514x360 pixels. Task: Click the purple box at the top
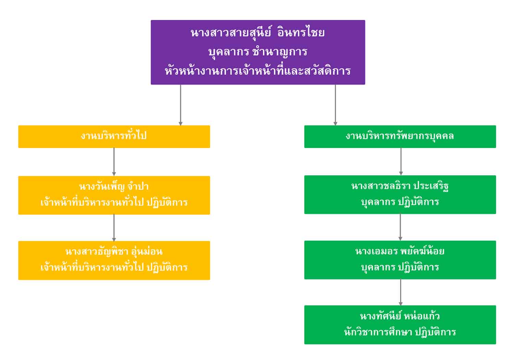coord(258,52)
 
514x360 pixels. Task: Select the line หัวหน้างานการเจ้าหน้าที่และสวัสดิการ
coord(258,71)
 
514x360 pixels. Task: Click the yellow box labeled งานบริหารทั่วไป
coord(114,136)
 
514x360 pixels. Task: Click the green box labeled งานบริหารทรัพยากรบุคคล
coord(400,136)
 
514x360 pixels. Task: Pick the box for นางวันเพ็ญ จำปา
coord(114,195)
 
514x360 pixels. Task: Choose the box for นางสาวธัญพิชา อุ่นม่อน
coord(114,260)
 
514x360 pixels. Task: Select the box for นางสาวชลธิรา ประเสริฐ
coord(400,194)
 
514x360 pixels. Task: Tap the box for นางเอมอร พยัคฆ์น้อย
coord(400,260)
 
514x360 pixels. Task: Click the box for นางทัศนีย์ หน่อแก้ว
coord(400,324)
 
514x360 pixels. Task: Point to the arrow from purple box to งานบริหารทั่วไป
coord(181,105)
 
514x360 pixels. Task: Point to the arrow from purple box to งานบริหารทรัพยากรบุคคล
coord(335,105)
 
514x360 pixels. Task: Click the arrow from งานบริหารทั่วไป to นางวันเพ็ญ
coord(114,162)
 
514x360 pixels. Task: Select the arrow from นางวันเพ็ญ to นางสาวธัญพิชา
coord(114,228)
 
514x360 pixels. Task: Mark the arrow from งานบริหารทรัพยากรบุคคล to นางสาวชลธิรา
coord(401,161)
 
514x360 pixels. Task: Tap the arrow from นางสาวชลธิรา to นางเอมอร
coord(400,227)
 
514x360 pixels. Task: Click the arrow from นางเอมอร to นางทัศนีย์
coord(400,292)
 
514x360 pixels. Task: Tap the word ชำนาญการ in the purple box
coord(280,52)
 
